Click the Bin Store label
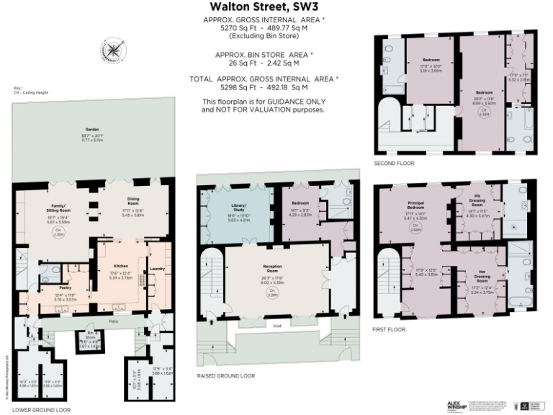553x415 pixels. (x=91, y=336)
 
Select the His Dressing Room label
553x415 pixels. (x=478, y=203)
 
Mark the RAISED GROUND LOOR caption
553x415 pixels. (x=225, y=375)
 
